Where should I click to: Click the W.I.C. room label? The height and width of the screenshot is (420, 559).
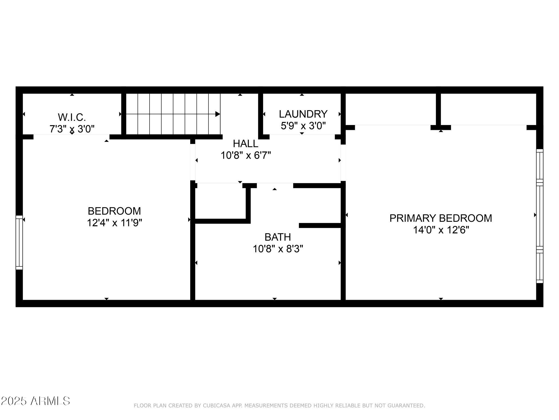point(72,117)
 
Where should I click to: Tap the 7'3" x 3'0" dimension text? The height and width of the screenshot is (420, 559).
point(72,129)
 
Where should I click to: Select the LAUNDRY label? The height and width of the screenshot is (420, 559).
point(303,114)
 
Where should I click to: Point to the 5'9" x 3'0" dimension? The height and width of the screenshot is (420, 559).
point(303,126)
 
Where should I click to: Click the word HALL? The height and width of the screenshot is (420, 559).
point(245,144)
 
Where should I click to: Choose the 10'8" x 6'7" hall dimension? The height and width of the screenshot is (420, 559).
point(245,156)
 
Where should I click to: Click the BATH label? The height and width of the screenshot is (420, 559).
point(278,237)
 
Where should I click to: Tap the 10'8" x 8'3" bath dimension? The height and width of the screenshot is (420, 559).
point(278,249)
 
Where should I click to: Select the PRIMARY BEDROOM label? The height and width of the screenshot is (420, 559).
point(441,218)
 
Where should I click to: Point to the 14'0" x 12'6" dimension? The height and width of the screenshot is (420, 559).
point(441,230)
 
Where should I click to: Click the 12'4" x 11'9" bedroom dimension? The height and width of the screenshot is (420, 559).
point(114,223)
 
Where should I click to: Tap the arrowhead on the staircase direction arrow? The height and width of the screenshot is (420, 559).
point(218,114)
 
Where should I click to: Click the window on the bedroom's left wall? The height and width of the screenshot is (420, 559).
point(19,243)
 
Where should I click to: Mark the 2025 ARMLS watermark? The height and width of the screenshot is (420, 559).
point(35,401)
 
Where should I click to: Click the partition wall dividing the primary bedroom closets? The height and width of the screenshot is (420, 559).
point(438,109)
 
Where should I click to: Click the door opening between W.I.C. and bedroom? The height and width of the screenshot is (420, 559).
point(72,136)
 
